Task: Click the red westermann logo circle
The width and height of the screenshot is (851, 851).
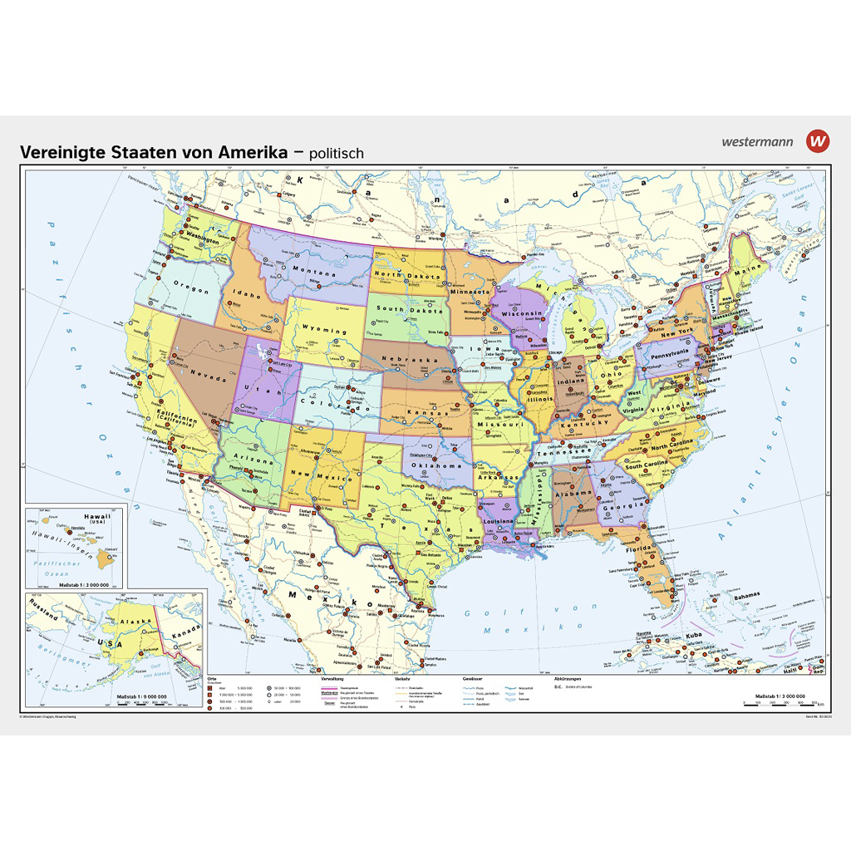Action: pyautogui.click(x=818, y=140)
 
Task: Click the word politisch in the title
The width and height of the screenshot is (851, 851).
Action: pyautogui.click(x=332, y=153)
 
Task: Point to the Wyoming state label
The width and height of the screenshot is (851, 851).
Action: pyautogui.click(x=325, y=331)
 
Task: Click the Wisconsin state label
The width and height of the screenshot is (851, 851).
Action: pyautogui.click(x=522, y=313)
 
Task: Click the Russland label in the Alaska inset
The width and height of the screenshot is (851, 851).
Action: pyautogui.click(x=42, y=617)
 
